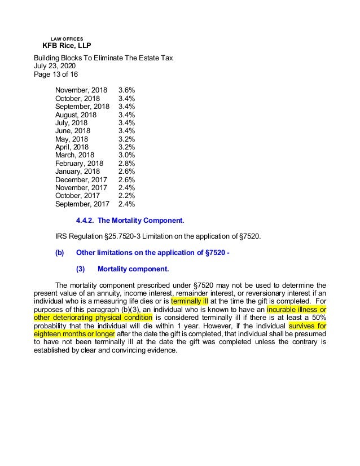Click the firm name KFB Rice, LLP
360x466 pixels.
(67, 46)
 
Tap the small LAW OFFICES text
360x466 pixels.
(67, 38)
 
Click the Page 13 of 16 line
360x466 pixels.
(56, 74)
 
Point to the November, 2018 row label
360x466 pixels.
(81, 90)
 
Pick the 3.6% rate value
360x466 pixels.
(126, 90)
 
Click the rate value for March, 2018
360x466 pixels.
(126, 155)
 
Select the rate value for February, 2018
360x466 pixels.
(126, 164)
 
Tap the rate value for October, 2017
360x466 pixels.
(126, 196)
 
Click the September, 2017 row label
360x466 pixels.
(82, 204)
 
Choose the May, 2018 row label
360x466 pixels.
(72, 139)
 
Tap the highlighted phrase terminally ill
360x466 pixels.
(190, 301)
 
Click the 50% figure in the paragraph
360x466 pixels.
(317, 318)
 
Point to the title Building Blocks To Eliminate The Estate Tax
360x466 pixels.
(103, 58)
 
